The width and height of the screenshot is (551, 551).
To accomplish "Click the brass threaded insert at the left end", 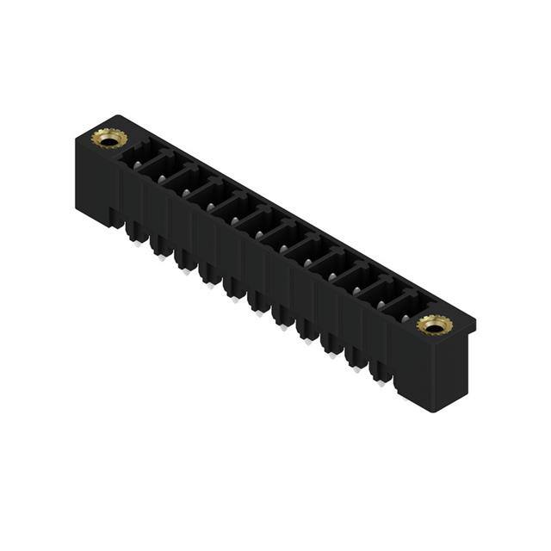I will tap(109, 138).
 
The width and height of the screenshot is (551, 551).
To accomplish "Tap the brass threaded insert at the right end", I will tap(435, 325).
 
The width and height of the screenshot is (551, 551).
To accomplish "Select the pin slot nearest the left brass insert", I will tap(138, 157).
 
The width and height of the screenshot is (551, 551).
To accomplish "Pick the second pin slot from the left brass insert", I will tap(162, 170).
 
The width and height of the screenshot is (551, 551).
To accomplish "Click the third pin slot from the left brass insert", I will tap(186, 184).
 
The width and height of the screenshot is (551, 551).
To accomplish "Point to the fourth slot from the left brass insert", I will tap(210, 198).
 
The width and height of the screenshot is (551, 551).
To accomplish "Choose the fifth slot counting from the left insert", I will tap(234, 212).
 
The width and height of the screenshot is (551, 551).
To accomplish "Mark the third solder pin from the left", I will tap(184, 264).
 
